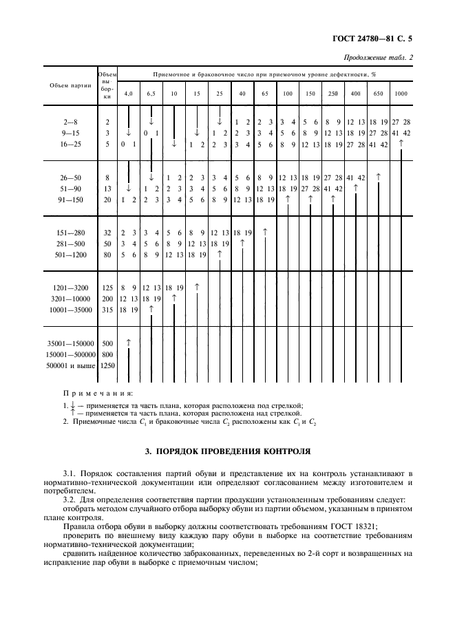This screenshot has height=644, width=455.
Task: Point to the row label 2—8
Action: tap(70, 121)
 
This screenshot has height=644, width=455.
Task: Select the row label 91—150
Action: tap(70, 200)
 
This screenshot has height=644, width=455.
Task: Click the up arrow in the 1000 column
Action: tap(401, 143)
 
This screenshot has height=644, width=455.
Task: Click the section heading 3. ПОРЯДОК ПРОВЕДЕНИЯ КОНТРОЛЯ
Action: tap(227, 451)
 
